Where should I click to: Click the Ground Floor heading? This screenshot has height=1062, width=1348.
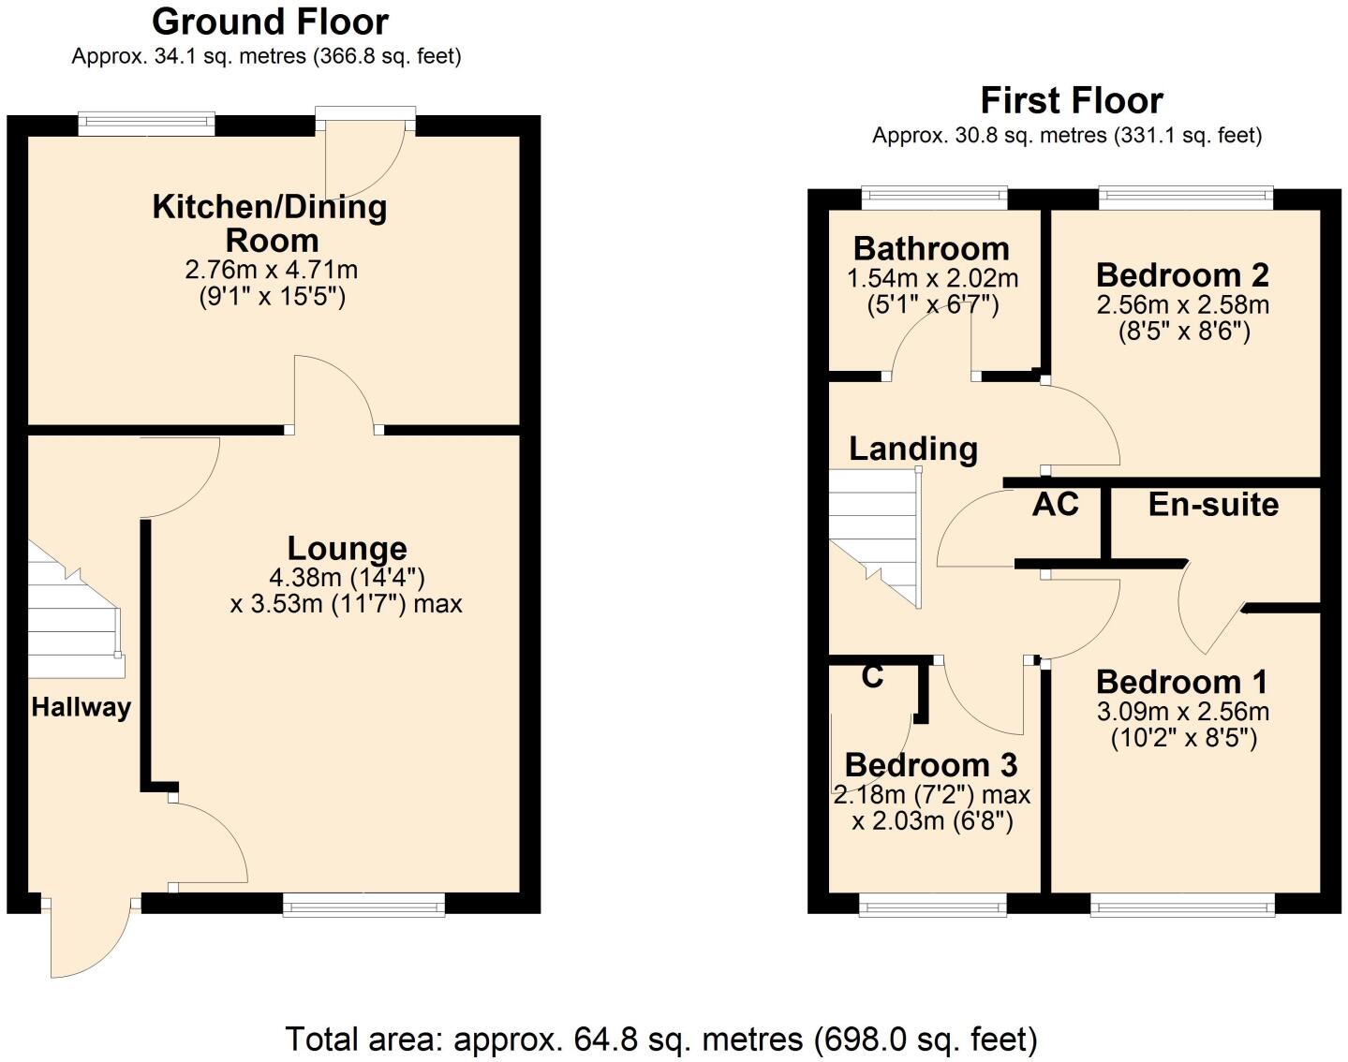(270, 22)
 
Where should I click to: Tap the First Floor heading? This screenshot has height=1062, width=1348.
(1071, 100)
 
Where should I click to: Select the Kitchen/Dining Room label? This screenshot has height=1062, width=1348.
(270, 223)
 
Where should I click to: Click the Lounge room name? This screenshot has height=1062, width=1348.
(347, 548)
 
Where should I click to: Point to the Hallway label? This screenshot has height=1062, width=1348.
(81, 707)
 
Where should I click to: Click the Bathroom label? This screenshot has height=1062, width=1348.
(931, 248)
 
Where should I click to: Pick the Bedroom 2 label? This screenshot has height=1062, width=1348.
(1182, 274)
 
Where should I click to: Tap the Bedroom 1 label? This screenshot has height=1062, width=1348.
(1182, 681)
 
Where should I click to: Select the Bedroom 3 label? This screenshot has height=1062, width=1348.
(931, 764)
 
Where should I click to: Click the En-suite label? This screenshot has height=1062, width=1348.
(1213, 504)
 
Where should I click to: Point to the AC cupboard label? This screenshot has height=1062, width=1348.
(1055, 504)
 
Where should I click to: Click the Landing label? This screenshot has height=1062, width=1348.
(913, 449)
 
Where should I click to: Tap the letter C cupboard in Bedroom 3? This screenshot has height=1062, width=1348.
(872, 676)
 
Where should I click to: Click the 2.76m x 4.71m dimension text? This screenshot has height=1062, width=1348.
(272, 271)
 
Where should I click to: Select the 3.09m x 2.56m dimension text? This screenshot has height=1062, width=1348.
(1183, 711)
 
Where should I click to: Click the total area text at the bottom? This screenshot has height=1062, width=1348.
(661, 1039)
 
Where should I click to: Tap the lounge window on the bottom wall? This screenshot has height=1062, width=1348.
(363, 904)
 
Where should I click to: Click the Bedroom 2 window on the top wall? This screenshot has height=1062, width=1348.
(1185, 197)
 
